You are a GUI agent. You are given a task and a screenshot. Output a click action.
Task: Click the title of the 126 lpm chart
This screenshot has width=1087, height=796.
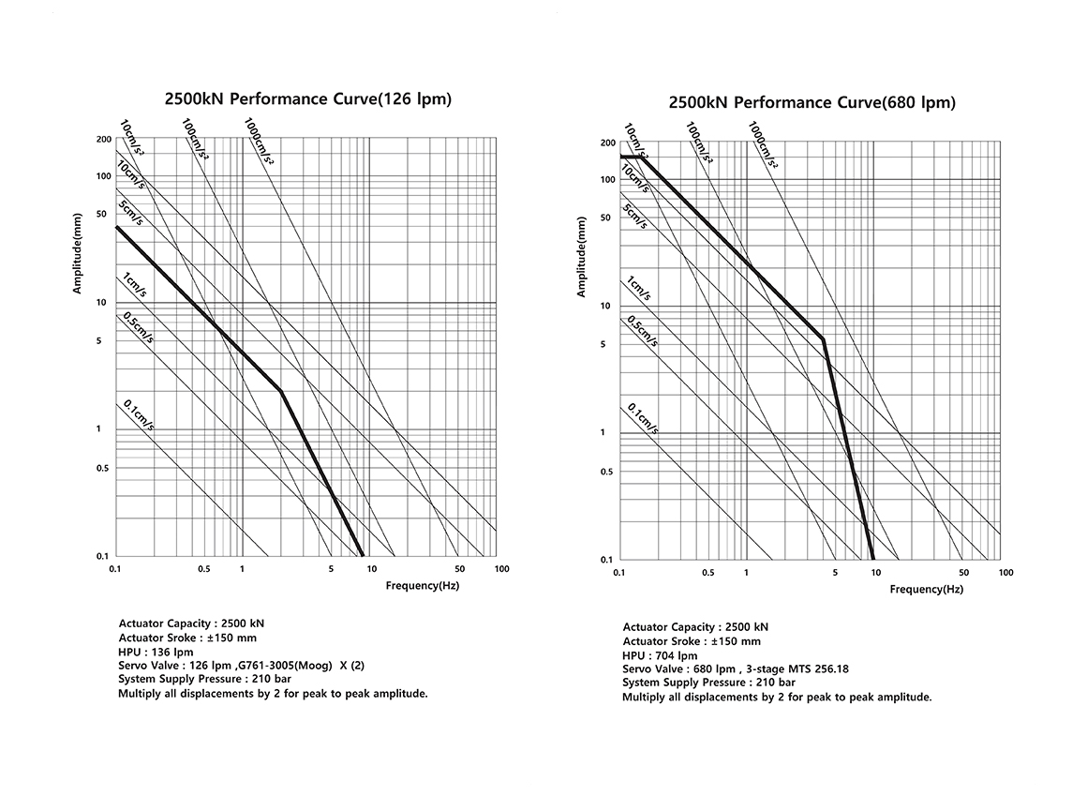(307, 98)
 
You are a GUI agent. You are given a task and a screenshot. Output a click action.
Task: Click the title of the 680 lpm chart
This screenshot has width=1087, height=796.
(812, 102)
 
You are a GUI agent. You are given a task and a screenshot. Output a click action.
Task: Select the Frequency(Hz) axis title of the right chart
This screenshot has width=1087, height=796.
(926, 590)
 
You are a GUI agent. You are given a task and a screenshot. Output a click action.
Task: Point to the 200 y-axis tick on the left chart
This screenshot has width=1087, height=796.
(104, 139)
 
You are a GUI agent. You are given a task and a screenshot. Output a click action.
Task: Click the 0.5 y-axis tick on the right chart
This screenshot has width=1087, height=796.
(606, 472)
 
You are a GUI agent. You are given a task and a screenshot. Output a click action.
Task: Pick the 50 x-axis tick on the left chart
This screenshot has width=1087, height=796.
(459, 569)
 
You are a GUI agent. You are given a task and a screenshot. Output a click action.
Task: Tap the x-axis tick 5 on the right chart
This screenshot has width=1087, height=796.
(835, 573)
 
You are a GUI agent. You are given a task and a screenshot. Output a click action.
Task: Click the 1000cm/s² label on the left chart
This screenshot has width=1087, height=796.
(259, 142)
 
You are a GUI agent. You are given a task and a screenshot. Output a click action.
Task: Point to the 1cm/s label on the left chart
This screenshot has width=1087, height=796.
(133, 286)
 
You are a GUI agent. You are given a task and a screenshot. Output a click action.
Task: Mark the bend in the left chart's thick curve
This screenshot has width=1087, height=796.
(280, 391)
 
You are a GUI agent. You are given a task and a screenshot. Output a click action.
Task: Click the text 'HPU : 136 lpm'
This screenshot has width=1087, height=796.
(156, 652)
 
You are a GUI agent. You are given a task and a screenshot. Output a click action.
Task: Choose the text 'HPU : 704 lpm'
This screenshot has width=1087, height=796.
(660, 655)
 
